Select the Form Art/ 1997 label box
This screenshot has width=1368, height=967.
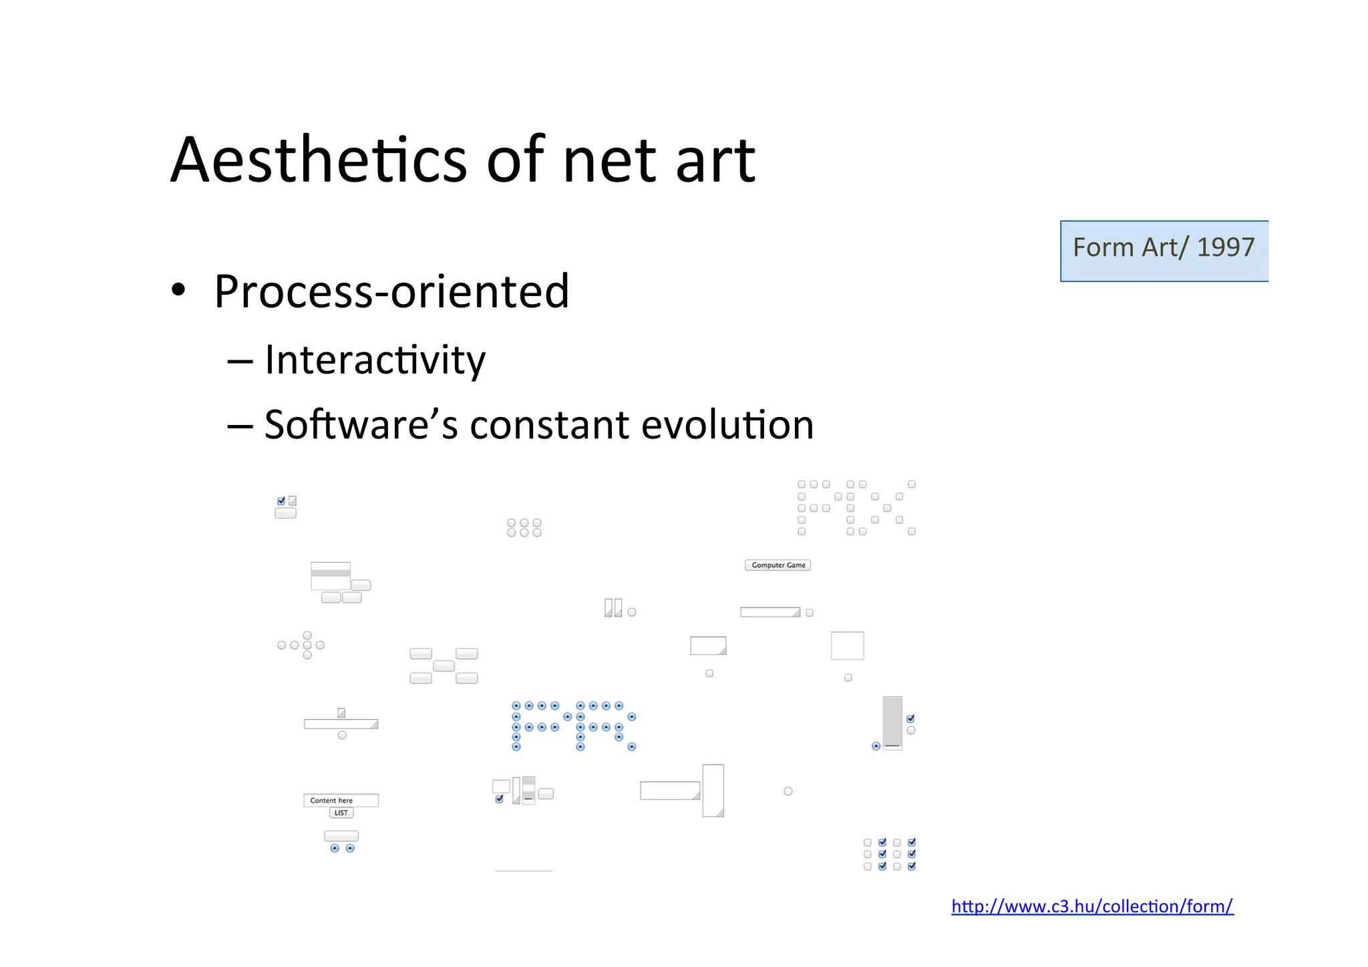(1164, 251)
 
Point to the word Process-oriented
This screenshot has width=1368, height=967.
(391, 292)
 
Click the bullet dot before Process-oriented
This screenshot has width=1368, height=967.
(178, 291)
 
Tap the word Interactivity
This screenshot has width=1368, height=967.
(375, 360)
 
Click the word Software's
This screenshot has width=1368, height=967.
(361, 425)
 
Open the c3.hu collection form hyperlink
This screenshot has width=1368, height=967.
(1092, 906)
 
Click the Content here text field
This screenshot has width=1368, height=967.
(341, 800)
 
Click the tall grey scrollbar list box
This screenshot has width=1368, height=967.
(892, 722)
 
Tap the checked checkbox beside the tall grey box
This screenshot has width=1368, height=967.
(910, 718)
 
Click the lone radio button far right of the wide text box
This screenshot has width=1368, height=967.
(788, 791)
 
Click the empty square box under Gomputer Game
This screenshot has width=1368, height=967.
(847, 646)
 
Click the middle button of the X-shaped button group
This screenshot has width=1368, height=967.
(444, 666)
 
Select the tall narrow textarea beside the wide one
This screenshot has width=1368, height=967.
(713, 790)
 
